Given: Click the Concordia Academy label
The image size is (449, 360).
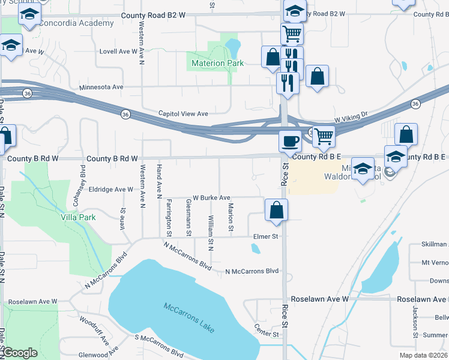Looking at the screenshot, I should click(x=76, y=23).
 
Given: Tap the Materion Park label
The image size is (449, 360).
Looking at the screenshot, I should click(x=217, y=63).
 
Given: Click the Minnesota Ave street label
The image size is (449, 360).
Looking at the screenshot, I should click(x=101, y=88).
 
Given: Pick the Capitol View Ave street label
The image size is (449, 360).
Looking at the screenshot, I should click(x=182, y=113).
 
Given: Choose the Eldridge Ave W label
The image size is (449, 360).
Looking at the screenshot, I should click(x=111, y=190).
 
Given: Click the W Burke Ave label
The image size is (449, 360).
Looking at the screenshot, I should click(x=211, y=197).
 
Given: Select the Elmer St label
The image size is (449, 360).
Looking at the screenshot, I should click(x=266, y=236).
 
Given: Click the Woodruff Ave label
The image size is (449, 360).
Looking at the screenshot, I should click(x=93, y=330).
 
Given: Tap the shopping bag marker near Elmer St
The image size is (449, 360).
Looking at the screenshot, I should click(x=276, y=210).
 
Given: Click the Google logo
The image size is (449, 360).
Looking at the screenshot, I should click(x=20, y=353).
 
